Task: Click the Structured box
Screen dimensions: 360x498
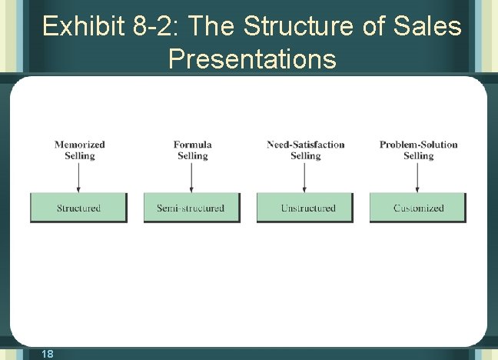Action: point(78,208)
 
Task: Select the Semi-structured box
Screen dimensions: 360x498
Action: point(191,208)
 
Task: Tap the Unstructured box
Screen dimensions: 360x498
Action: point(305,208)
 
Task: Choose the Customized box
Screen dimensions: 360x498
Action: point(418,208)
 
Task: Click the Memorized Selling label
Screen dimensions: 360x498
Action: point(79,150)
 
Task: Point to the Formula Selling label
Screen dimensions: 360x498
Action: point(192,150)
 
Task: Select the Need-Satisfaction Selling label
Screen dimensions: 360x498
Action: point(305,150)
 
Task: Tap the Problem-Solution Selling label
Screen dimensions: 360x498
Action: point(418,150)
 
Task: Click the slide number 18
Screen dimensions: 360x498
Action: point(47,353)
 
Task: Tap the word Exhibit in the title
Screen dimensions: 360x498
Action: point(82,27)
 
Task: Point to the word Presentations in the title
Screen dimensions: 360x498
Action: point(252,58)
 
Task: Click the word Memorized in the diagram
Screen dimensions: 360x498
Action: point(79,145)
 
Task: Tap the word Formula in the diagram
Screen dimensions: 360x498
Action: point(192,145)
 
